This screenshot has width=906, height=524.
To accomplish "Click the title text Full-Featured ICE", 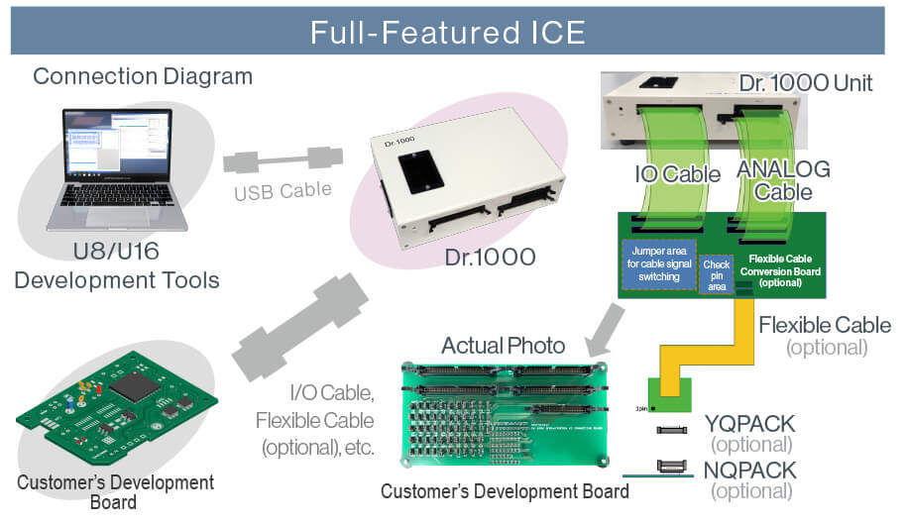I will coord(447,31).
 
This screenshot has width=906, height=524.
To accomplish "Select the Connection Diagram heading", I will coord(143,76).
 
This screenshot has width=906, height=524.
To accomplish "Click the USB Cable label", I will coord(283,190).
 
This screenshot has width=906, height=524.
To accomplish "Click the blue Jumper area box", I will coord(657,262).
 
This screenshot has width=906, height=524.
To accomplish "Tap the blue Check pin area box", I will coord(717,270).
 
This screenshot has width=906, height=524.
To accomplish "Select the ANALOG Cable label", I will coord(783,179).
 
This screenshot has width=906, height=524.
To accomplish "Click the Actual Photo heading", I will coord(504,346).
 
